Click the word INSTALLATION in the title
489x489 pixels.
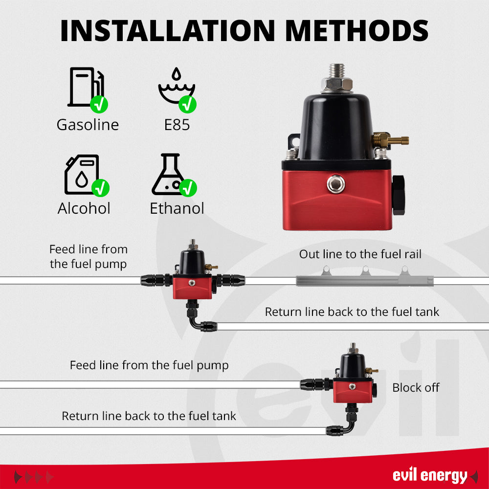coord(167,30)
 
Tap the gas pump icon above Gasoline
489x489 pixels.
coord(86,87)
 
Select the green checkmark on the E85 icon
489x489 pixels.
coord(187,104)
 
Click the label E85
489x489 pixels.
coord(177,125)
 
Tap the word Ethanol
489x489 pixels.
coord(177,208)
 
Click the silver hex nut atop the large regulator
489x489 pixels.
coord(337,84)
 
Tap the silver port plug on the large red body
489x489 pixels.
coord(336,184)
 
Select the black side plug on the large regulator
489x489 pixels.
coord(398,195)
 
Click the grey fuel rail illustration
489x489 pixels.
coord(365,277)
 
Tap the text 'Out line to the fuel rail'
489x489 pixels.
coord(360,254)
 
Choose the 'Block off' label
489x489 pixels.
coord(416,388)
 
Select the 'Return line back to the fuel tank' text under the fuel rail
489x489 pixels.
coord(352,312)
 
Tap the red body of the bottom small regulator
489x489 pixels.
coord(353,391)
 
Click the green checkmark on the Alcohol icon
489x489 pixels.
coord(100,188)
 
